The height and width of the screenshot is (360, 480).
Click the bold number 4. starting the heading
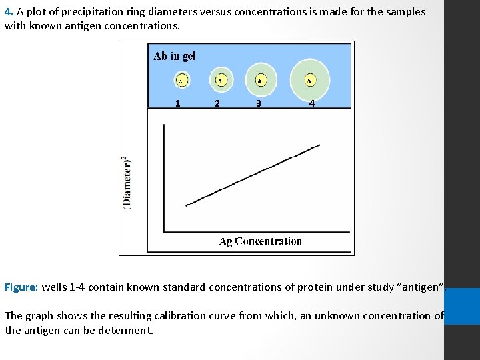[x=9, y=12]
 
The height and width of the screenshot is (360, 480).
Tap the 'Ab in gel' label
[x=174, y=56]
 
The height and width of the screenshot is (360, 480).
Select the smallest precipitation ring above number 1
[x=181, y=80]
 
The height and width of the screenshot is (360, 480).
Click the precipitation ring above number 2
[x=221, y=80]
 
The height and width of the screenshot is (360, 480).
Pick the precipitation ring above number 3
[x=260, y=80]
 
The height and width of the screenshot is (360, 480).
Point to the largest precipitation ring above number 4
[x=310, y=80]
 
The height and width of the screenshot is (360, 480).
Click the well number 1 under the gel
[x=177, y=103]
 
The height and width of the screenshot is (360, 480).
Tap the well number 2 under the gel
[x=217, y=103]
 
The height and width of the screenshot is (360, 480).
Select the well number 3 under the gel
[x=258, y=103]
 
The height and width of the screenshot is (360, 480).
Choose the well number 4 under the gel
[x=311, y=103]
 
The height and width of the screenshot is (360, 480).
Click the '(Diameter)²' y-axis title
[x=127, y=183]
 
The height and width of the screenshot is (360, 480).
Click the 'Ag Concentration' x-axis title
[x=260, y=241]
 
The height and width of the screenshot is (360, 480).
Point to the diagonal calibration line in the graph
[x=253, y=175]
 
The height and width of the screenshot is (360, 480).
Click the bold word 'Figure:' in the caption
[x=21, y=287]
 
